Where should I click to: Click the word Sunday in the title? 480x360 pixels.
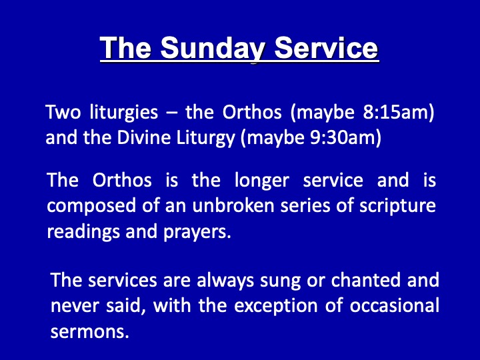pos(211,49)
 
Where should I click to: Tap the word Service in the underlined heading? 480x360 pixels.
pos(326,48)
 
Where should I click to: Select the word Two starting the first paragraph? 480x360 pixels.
pos(63,112)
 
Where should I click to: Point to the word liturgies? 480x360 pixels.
pos(124,113)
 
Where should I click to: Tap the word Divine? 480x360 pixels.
pos(143,137)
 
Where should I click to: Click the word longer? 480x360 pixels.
pos(262,181)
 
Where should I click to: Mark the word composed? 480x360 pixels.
pos(91,206)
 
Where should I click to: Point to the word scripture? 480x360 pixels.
pos(397,206)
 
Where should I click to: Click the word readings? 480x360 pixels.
pos(83,232)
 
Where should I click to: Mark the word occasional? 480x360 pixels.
pos(394,305)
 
